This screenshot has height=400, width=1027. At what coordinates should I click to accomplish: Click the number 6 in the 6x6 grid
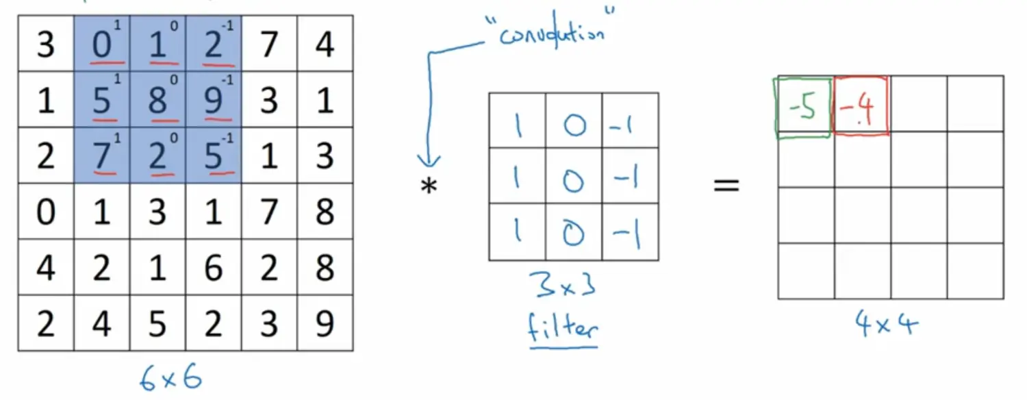click(x=213, y=268)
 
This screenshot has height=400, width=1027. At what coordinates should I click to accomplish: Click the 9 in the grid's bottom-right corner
click(x=325, y=323)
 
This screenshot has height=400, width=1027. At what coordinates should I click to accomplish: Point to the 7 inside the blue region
click(x=101, y=156)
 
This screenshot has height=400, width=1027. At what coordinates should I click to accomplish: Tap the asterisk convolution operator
click(x=429, y=186)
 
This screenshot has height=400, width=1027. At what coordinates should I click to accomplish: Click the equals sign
click(x=726, y=185)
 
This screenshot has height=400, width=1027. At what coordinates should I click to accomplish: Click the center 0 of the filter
click(x=574, y=177)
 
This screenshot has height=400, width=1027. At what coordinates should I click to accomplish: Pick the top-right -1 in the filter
click(x=630, y=121)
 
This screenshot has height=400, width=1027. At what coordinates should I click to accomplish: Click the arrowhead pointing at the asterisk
click(x=430, y=161)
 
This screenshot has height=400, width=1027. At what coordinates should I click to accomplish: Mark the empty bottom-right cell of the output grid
click(x=975, y=271)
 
